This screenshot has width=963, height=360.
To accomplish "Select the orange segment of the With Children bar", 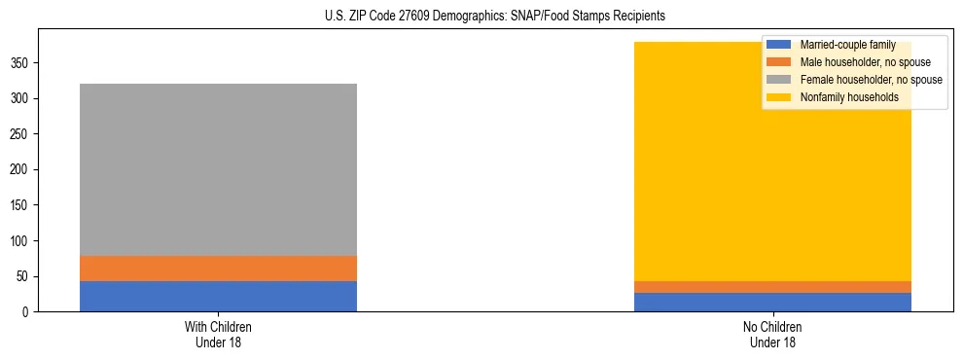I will tap(218, 269).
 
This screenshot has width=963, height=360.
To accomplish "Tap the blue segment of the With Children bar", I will tap(218, 296).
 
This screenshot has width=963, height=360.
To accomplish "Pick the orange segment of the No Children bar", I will tap(772, 287).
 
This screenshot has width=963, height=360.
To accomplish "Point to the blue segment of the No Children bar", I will tap(772, 302).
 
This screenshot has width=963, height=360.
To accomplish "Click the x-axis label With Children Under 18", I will tap(218, 334).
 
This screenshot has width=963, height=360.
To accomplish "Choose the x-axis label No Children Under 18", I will tap(772, 334).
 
